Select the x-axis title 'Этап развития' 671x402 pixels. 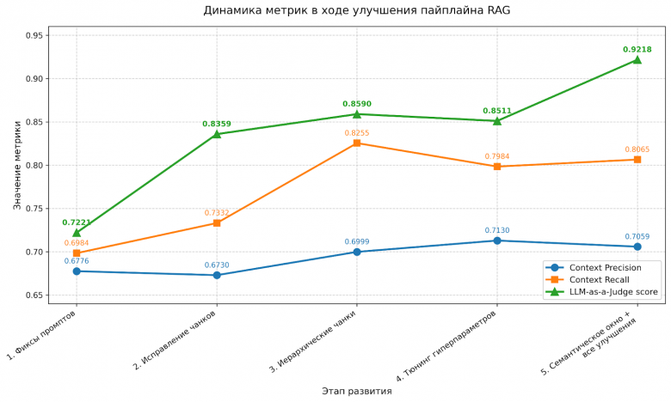(356, 391)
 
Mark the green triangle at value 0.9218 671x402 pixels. (637, 60)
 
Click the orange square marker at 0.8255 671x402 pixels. (357, 143)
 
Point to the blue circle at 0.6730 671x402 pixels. (217, 275)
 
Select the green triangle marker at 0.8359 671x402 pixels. (217, 134)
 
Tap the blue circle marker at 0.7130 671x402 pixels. (496, 241)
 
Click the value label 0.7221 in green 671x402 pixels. (77, 222)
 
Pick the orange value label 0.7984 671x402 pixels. (496, 156)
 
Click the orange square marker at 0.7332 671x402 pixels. (217, 223)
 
